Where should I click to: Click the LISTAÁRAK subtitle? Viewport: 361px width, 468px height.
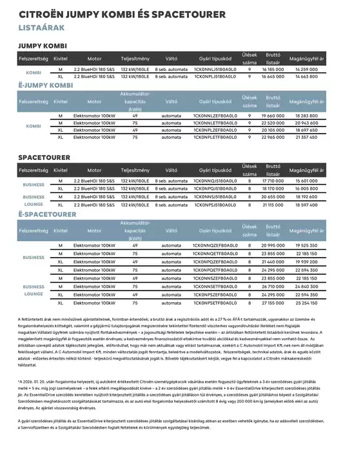pyautogui.click(x=40, y=28)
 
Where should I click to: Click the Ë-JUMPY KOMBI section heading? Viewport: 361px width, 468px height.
pyautogui.click(x=45, y=85)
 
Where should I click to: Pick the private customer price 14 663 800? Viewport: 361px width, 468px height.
pyautogui.click(x=309, y=76)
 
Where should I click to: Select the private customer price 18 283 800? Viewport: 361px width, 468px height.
pyautogui.click(x=309, y=115)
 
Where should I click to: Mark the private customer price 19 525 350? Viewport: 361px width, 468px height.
pyautogui.click(x=309, y=246)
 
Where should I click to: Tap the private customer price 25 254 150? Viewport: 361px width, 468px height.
pyautogui.click(x=309, y=302)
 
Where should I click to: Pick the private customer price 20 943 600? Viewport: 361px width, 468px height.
pyautogui.click(x=309, y=122)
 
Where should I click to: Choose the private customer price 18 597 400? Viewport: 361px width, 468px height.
pyautogui.click(x=309, y=203)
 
